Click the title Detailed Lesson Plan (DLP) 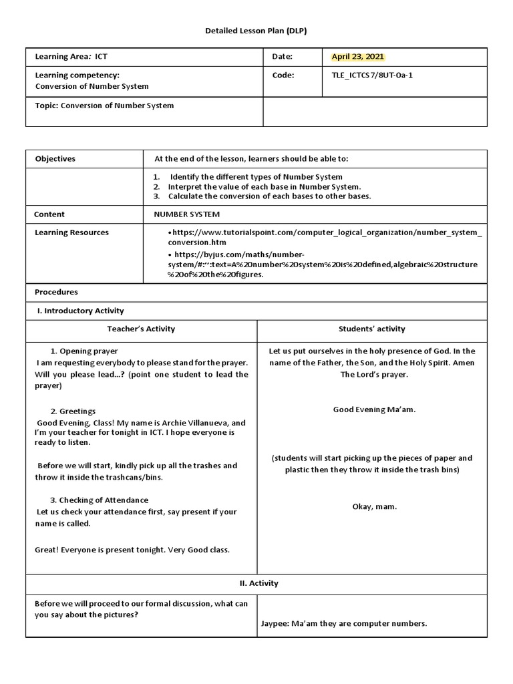tap(256, 31)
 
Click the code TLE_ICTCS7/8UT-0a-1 tap(372, 75)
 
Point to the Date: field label tap(283, 57)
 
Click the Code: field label tap(283, 75)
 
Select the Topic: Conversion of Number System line tap(104, 106)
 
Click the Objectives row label tap(55, 159)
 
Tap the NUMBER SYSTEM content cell tap(186, 214)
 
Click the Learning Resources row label tap(71, 232)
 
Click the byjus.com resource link tap(323, 265)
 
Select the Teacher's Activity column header tap(141, 329)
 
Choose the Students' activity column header tap(371, 329)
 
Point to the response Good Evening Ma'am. tap(374, 409)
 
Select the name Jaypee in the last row tap(274, 623)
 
